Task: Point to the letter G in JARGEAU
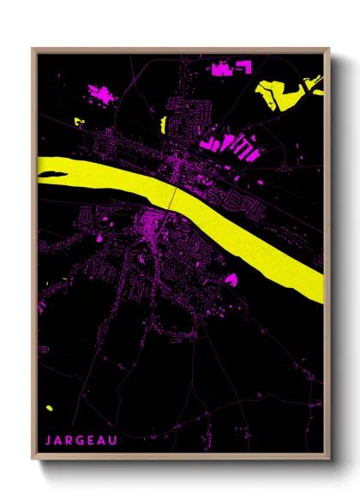point(79,441)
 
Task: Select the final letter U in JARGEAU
point(112,441)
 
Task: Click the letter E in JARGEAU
point(90,441)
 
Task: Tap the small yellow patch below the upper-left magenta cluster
point(81,121)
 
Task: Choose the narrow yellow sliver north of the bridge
point(162,125)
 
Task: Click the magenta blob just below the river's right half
point(231,279)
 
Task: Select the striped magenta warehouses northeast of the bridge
point(237,147)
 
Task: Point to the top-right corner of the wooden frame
point(329,49)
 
